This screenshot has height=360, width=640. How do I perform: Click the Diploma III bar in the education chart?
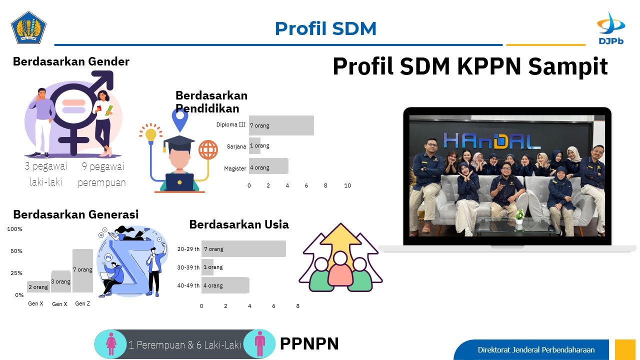click(281, 125)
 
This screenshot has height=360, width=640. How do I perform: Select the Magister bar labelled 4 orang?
click(268, 166)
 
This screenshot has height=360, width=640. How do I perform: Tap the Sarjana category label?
click(236, 146)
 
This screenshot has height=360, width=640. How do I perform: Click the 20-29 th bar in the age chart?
click(243, 249)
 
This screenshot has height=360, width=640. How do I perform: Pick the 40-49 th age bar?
click(225, 285)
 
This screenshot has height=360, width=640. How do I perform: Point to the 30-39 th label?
click(188, 267)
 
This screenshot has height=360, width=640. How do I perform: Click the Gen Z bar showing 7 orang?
click(82, 270)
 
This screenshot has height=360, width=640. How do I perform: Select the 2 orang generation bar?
click(38, 287)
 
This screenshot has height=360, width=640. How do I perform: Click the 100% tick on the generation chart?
click(14, 229)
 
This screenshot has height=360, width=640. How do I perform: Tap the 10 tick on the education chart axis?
click(347, 185)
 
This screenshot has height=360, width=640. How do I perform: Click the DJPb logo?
click(611, 28)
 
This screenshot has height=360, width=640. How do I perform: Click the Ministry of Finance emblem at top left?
click(28, 27)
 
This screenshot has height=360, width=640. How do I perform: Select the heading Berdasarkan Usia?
click(239, 224)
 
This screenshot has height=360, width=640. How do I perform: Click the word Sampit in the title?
click(567, 66)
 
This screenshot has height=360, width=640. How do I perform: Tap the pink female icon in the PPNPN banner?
click(111, 344)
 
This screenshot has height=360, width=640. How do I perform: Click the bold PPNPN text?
click(309, 343)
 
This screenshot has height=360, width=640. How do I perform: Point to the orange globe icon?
click(208, 149)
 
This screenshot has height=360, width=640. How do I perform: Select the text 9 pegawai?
click(103, 166)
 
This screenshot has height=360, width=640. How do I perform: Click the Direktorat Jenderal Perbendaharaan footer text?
click(536, 349)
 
